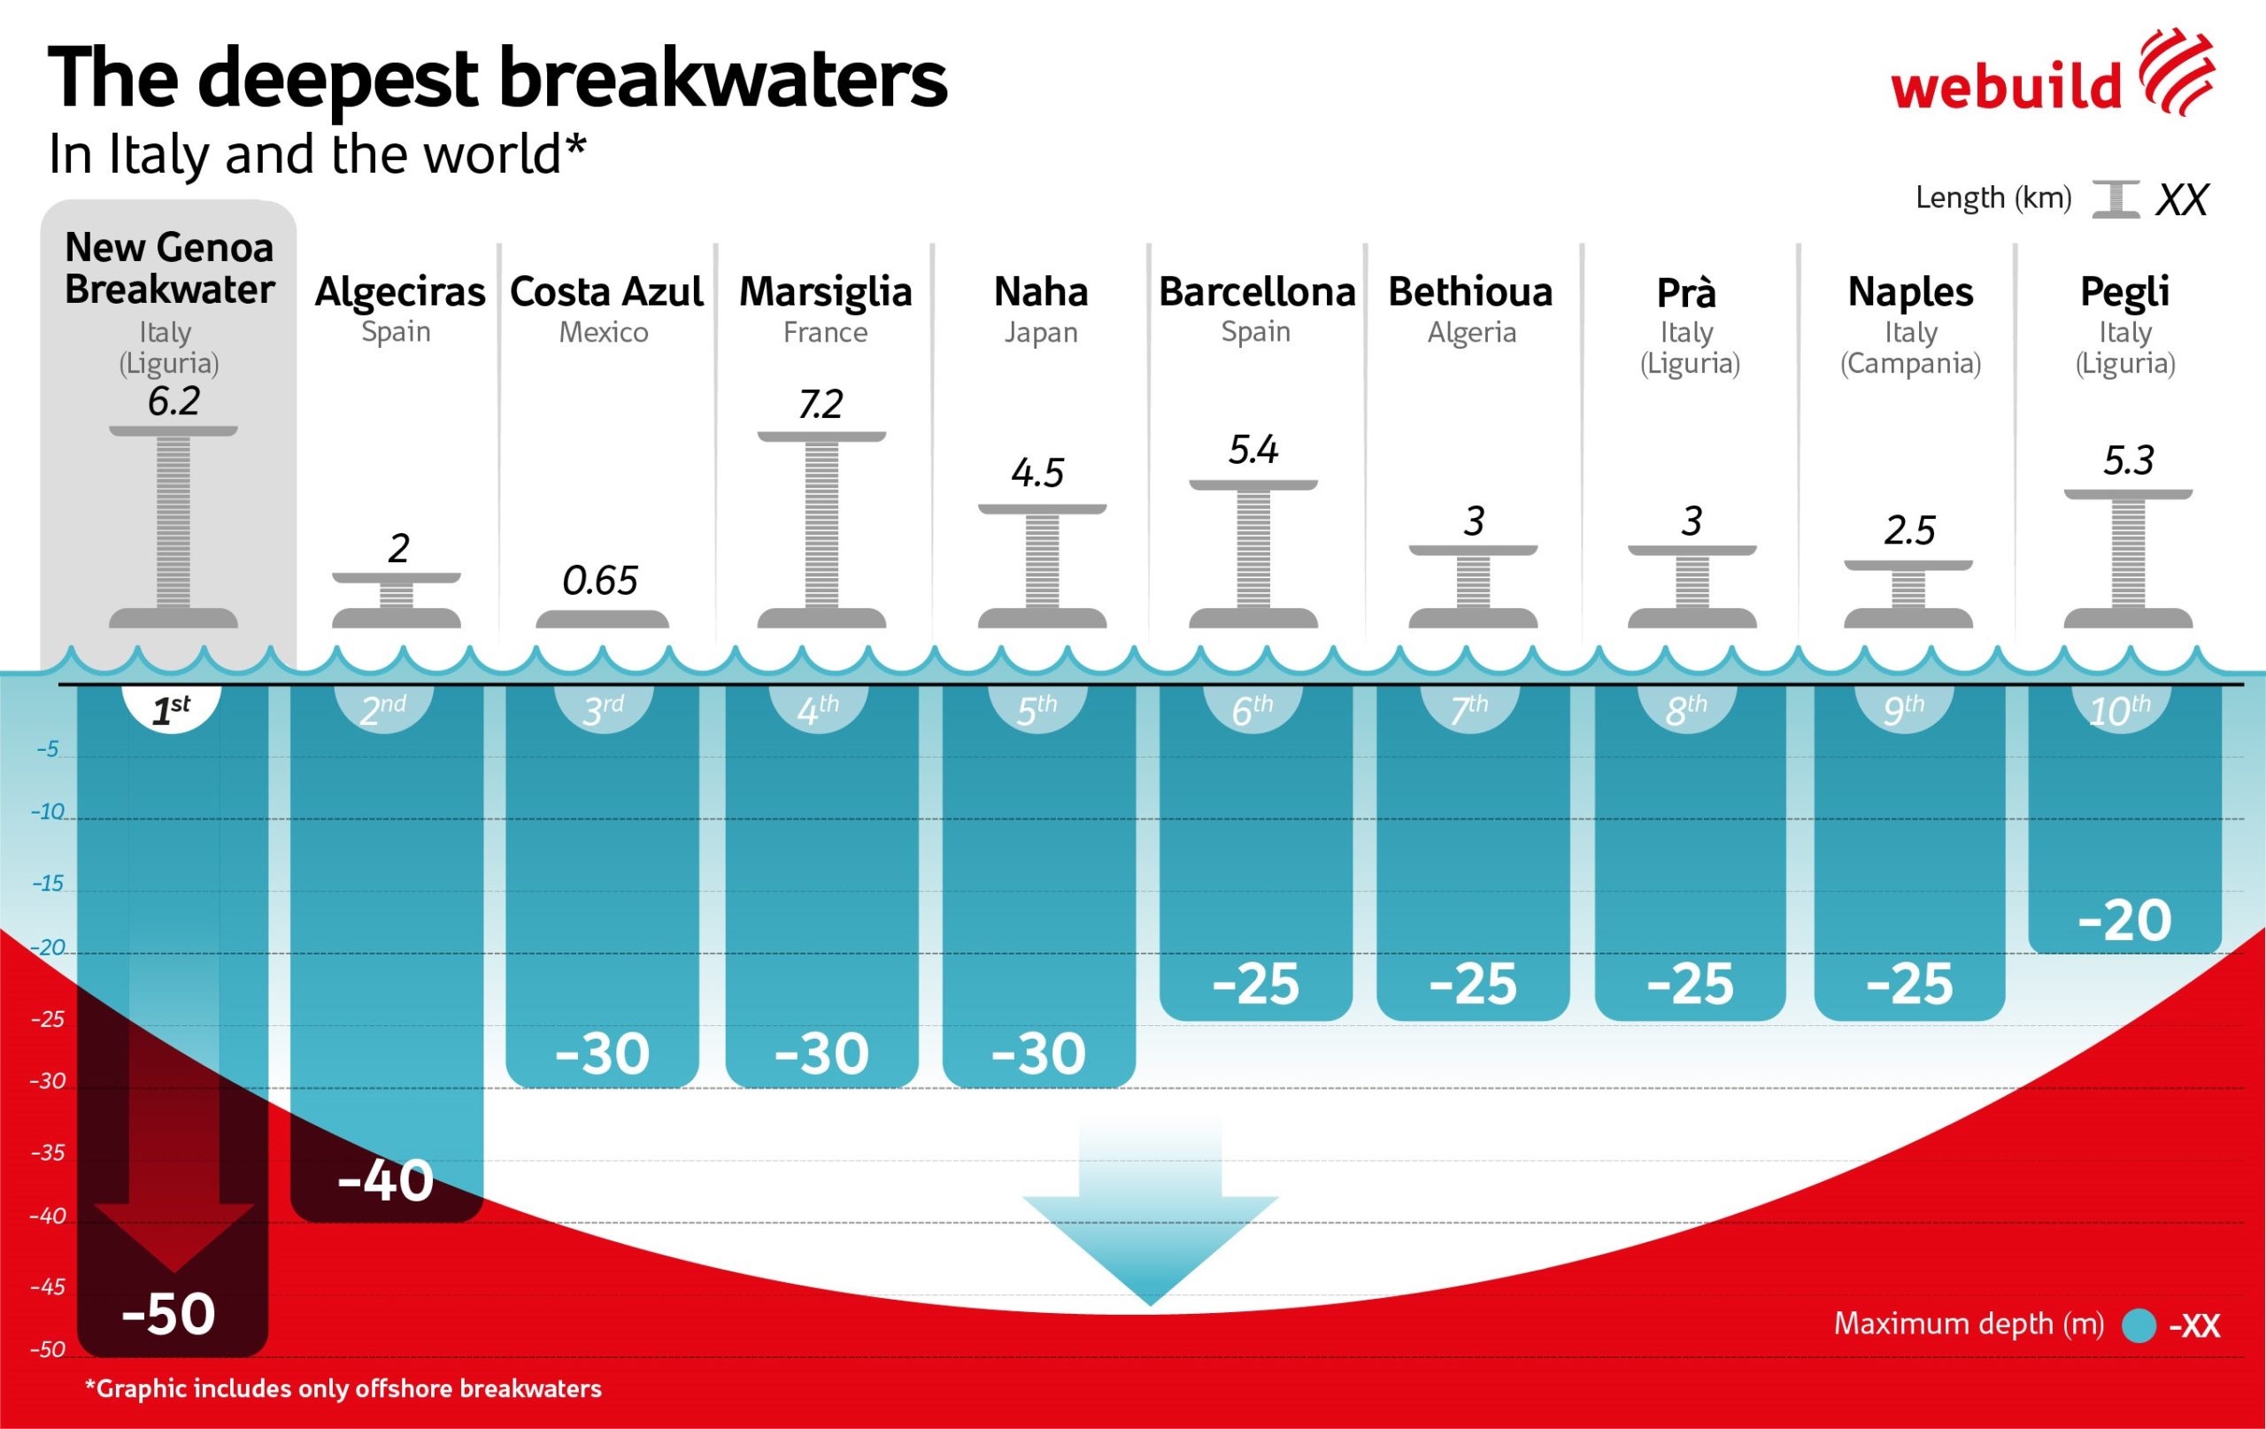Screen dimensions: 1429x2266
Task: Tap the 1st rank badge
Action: point(171,709)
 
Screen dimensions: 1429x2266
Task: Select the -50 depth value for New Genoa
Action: point(169,1314)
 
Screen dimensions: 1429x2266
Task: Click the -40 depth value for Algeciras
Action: point(386,1180)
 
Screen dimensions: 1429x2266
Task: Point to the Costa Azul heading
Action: point(606,292)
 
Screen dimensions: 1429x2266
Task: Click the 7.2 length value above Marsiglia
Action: point(821,405)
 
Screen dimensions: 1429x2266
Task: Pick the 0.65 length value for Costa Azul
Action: point(600,581)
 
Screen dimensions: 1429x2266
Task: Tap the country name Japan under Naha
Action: point(1040,332)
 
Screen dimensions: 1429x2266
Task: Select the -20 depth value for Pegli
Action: point(2125,921)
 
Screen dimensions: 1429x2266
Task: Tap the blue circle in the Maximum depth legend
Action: point(2139,1326)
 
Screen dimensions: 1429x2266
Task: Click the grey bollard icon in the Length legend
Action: point(2116,199)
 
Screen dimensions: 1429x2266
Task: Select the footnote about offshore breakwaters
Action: point(343,1388)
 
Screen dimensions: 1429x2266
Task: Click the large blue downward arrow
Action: point(1150,1215)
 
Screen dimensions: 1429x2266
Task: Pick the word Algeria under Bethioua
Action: point(1472,332)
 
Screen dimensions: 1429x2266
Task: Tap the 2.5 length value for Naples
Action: point(1909,532)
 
